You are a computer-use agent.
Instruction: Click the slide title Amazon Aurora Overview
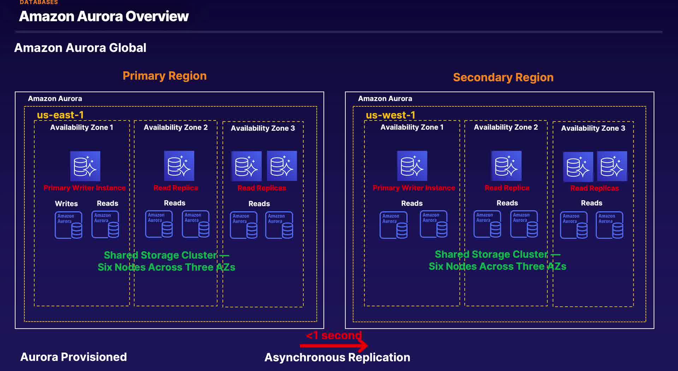coord(104,16)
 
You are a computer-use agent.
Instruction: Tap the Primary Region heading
coord(165,76)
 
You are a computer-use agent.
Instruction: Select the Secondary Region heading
coord(503,77)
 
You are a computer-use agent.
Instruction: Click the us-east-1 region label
coord(60,115)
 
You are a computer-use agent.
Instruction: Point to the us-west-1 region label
coord(390,115)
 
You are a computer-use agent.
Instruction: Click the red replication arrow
coord(334,346)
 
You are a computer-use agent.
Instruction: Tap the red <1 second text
coord(334,335)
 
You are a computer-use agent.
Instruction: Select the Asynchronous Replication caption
coord(337,357)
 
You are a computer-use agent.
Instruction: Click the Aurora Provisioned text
coord(73,357)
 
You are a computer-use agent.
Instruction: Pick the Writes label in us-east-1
coord(66,204)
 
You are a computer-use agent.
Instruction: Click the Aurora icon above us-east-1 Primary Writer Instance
coord(85,166)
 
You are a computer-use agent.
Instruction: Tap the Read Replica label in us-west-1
coord(507,188)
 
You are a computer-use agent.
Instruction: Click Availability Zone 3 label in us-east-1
coord(263,128)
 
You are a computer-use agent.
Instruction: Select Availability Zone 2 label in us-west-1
coord(506,127)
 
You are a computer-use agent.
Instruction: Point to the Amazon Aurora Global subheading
coord(80,48)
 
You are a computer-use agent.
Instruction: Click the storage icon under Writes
coord(69,225)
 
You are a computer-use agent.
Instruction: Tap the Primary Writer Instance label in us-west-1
coord(414,188)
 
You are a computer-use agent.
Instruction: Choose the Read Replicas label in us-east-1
coord(262,188)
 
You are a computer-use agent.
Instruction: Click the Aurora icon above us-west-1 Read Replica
coord(506,166)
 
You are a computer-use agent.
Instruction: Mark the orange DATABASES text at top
coord(39,2)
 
